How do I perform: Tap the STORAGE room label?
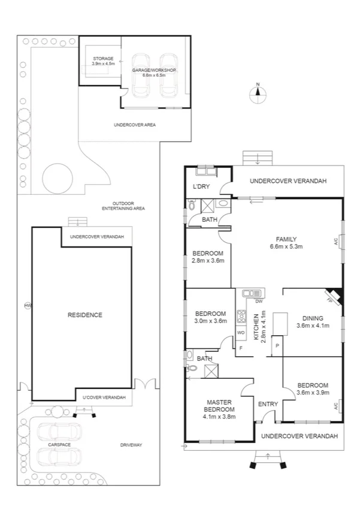click(x=102, y=59)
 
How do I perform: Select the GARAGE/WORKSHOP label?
click(x=155, y=70)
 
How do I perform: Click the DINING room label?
click(x=312, y=318)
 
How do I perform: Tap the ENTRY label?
click(x=268, y=404)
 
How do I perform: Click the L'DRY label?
click(x=201, y=187)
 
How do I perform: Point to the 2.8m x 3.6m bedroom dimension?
click(x=207, y=261)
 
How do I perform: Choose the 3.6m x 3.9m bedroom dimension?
click(x=312, y=393)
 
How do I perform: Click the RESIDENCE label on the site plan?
click(x=85, y=315)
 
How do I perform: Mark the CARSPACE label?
click(x=59, y=445)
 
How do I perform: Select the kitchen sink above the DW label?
click(x=252, y=293)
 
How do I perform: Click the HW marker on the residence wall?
click(x=28, y=306)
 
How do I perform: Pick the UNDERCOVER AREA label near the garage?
click(x=135, y=125)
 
